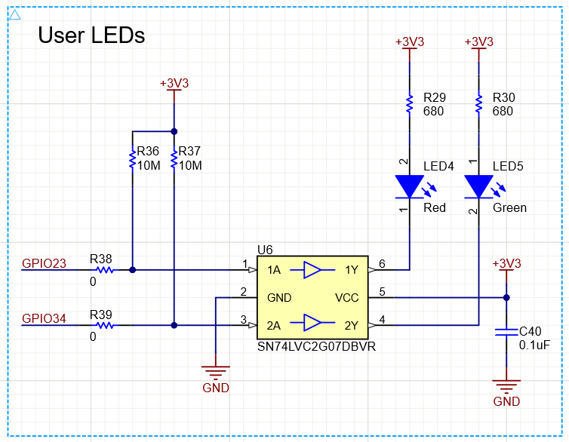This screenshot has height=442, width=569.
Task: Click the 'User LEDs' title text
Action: pos(91,35)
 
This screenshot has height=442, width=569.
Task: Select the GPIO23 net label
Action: pos(45,263)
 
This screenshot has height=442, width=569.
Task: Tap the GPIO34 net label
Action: pos(45,319)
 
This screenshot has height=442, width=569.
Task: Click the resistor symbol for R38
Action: pos(103,269)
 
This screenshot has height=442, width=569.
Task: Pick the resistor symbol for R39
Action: pos(103,326)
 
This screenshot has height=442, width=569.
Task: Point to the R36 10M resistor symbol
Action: pos(132,159)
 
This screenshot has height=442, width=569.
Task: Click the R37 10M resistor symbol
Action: pos(174,159)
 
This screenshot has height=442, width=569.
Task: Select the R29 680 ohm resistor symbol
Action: pos(409,104)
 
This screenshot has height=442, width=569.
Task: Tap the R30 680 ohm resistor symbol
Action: pos(478,104)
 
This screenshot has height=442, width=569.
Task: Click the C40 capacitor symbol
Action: pos(506,332)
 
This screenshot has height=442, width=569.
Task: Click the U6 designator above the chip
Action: pos(265,249)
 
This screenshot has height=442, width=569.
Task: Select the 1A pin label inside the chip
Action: pos(275,270)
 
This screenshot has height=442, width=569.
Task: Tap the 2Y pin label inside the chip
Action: pos(351,326)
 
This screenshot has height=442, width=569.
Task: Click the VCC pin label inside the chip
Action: pos(347,298)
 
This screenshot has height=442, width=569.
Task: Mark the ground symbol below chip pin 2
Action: pos(216,370)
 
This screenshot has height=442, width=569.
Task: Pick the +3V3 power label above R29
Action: pos(409,42)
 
